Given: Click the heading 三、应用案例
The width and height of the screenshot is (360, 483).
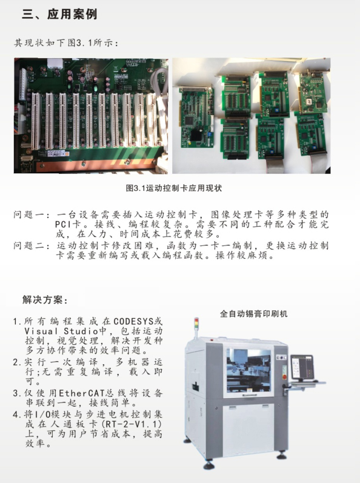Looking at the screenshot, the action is (59, 14).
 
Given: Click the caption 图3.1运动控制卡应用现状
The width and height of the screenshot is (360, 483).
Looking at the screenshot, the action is (174, 188).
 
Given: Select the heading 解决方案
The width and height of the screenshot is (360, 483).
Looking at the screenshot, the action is (42, 299).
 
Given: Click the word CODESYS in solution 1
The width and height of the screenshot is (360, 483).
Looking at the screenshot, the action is (134, 321).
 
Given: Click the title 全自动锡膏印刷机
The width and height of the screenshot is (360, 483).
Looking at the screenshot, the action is (253, 314).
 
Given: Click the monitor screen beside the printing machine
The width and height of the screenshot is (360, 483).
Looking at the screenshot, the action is (302, 367).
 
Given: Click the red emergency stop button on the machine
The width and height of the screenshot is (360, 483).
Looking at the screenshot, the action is (284, 377).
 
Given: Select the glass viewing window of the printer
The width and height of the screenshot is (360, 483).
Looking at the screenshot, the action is (248, 371).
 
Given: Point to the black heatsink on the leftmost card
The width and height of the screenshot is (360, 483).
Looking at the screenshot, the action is (196, 135).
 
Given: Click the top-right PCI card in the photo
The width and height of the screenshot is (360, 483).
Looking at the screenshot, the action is (313, 92).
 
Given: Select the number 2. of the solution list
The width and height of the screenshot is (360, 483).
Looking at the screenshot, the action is (18, 362).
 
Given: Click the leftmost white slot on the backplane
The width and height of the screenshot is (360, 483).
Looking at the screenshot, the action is (36, 121).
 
